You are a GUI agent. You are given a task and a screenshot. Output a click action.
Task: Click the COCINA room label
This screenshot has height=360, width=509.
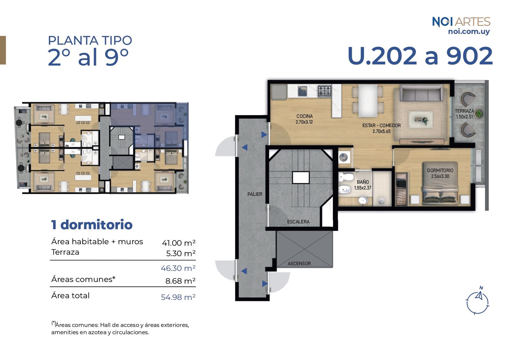[x=304, y=116]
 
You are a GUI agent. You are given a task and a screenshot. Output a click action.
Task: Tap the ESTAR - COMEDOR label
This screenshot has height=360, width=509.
[x=381, y=125]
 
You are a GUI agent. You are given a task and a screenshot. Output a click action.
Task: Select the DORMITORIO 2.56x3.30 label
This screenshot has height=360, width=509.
[x=440, y=173]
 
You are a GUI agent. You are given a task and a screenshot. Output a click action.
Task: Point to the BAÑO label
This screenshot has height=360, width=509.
[x=363, y=182]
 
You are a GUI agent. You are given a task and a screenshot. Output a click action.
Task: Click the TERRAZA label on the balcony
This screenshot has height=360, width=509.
[x=464, y=111]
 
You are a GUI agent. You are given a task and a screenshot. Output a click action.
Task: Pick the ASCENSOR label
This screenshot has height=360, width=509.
[x=299, y=263]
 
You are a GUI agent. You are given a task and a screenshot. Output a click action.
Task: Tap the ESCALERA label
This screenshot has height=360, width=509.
[x=298, y=222]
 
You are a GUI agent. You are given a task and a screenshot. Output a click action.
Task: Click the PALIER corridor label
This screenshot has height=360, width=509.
[x=255, y=194]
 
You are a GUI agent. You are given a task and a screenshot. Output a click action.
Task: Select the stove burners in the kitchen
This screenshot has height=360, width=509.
[x=324, y=91]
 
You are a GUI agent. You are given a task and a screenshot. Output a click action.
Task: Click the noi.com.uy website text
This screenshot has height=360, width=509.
[x=469, y=32]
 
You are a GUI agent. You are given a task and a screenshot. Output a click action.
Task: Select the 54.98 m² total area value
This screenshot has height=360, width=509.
[x=178, y=297]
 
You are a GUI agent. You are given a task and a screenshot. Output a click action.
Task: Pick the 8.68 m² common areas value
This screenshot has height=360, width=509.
[x=180, y=281]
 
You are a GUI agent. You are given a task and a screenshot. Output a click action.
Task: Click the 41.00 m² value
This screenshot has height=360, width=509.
[x=178, y=243]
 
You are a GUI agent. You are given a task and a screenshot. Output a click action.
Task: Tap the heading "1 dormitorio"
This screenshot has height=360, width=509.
[x=92, y=225]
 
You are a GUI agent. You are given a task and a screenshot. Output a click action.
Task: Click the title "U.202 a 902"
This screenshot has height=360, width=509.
[x=420, y=56]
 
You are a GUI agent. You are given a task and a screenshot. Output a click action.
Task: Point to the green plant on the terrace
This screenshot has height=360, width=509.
[x=479, y=114]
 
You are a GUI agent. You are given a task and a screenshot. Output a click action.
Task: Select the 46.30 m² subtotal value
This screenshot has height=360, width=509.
[x=178, y=268]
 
